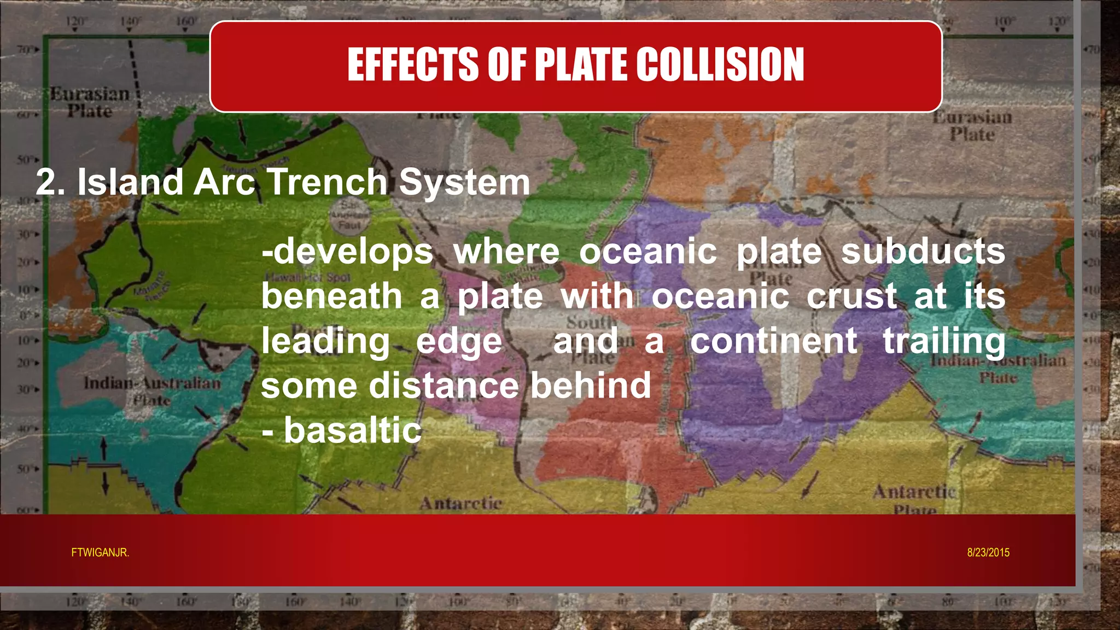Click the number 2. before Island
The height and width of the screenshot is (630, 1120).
[51, 182]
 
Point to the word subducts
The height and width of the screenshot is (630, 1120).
[923, 252]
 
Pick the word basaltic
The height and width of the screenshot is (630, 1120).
[353, 430]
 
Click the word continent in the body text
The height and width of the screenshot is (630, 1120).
[773, 341]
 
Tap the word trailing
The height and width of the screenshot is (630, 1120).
[944, 341]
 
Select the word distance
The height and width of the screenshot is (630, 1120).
[443, 386]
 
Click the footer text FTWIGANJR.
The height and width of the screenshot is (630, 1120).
[100, 553]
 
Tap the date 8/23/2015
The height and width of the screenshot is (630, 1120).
[988, 553]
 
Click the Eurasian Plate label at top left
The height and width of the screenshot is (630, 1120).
[90, 102]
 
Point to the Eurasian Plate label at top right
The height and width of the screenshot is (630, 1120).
[972, 126]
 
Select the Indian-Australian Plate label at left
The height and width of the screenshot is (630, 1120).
[152, 390]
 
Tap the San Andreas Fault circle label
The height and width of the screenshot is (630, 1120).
[349, 216]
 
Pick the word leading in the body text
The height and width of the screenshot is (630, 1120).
[325, 341]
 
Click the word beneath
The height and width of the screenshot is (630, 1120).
[331, 296]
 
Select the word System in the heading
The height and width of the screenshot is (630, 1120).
[464, 182]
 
